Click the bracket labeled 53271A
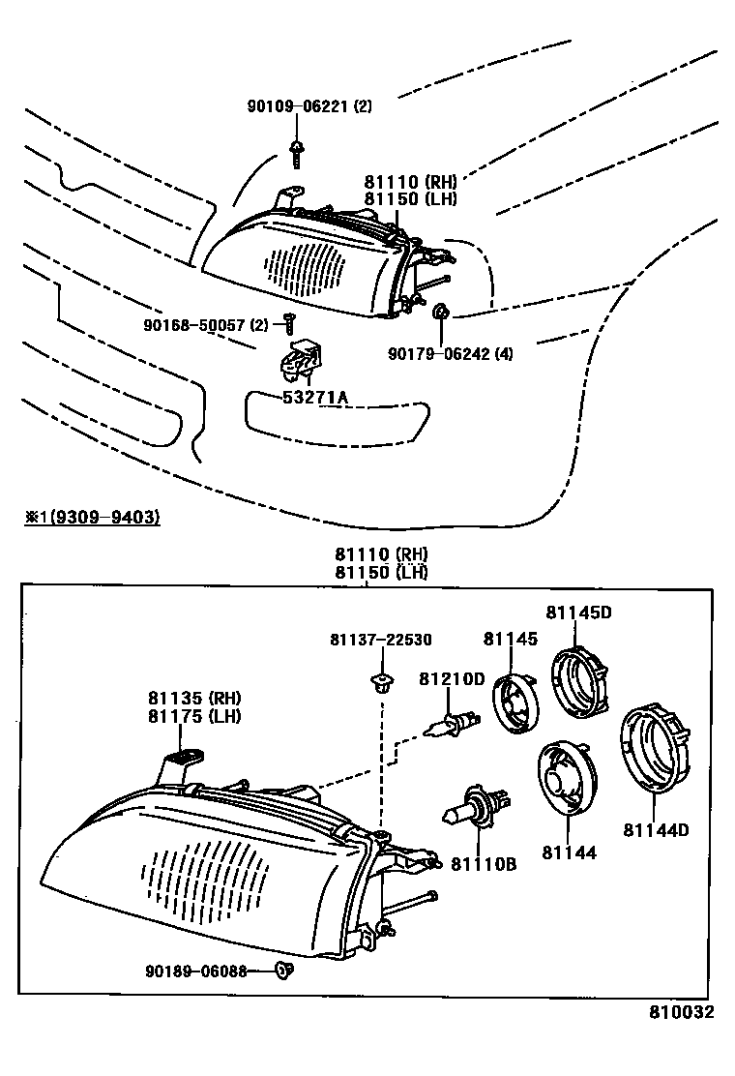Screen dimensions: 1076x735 (x=299, y=361)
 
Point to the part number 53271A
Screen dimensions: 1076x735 (x=315, y=398)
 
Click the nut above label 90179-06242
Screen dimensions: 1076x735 (x=440, y=312)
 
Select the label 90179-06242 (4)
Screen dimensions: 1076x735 (x=451, y=354)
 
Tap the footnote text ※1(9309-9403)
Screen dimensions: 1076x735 (x=93, y=518)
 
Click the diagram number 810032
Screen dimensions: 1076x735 (x=681, y=1013)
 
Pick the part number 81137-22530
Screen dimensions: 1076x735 (x=380, y=640)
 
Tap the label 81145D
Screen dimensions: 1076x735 (x=578, y=613)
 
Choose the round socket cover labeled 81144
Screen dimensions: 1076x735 (x=566, y=775)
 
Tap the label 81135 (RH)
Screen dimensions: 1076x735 (x=194, y=698)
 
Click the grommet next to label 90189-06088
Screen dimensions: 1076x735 (x=282, y=969)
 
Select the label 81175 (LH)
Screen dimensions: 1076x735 (x=194, y=716)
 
